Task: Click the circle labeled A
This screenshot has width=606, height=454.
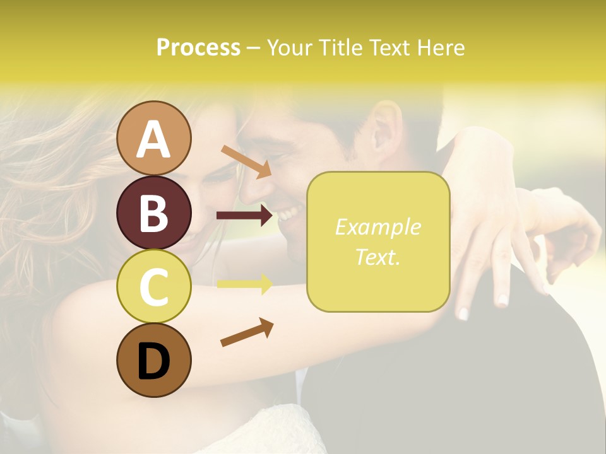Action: click(x=154, y=138)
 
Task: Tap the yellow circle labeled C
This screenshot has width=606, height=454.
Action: click(x=154, y=286)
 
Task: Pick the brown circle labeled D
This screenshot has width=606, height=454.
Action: click(x=154, y=360)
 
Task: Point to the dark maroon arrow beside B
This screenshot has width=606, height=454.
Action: click(x=245, y=216)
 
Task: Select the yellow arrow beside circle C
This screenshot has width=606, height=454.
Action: click(x=245, y=284)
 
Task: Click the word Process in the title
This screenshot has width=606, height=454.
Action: click(x=198, y=47)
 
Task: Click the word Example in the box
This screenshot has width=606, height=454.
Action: click(x=377, y=227)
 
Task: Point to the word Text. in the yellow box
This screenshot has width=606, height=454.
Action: click(x=377, y=257)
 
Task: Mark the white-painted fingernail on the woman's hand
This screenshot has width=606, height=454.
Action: click(x=463, y=313)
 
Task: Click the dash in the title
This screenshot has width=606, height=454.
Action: click(x=253, y=48)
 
